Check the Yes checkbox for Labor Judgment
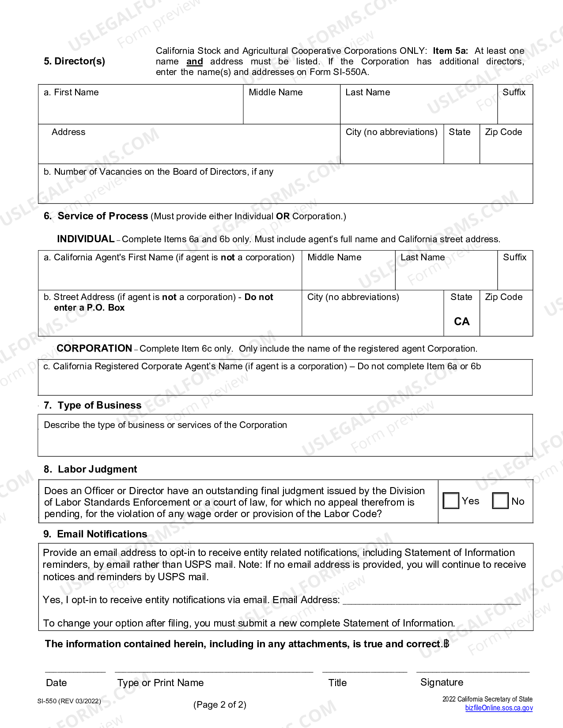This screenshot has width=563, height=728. [x=451, y=501]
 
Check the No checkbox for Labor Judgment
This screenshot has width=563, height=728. [x=500, y=501]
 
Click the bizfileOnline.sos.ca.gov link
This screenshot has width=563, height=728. [x=499, y=708]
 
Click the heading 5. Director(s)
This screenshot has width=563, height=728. [x=74, y=61]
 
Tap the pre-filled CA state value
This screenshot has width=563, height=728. [x=461, y=321]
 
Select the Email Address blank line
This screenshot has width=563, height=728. [x=431, y=600]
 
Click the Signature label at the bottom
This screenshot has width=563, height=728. [x=442, y=682]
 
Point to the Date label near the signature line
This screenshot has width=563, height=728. [x=56, y=683]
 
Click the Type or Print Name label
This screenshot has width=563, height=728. [x=160, y=683]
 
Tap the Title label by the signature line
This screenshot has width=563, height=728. [x=337, y=683]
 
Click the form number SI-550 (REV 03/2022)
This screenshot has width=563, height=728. [x=69, y=701]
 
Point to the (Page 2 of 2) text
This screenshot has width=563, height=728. [x=219, y=705]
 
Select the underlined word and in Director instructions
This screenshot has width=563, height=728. [x=194, y=62]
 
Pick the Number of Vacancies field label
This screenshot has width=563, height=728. [x=158, y=172]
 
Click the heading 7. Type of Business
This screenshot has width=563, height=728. [x=93, y=405]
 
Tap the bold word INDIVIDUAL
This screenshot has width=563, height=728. [x=86, y=239]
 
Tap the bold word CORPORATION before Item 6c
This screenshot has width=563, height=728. [x=94, y=348]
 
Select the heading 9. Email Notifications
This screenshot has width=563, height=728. [x=95, y=534]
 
